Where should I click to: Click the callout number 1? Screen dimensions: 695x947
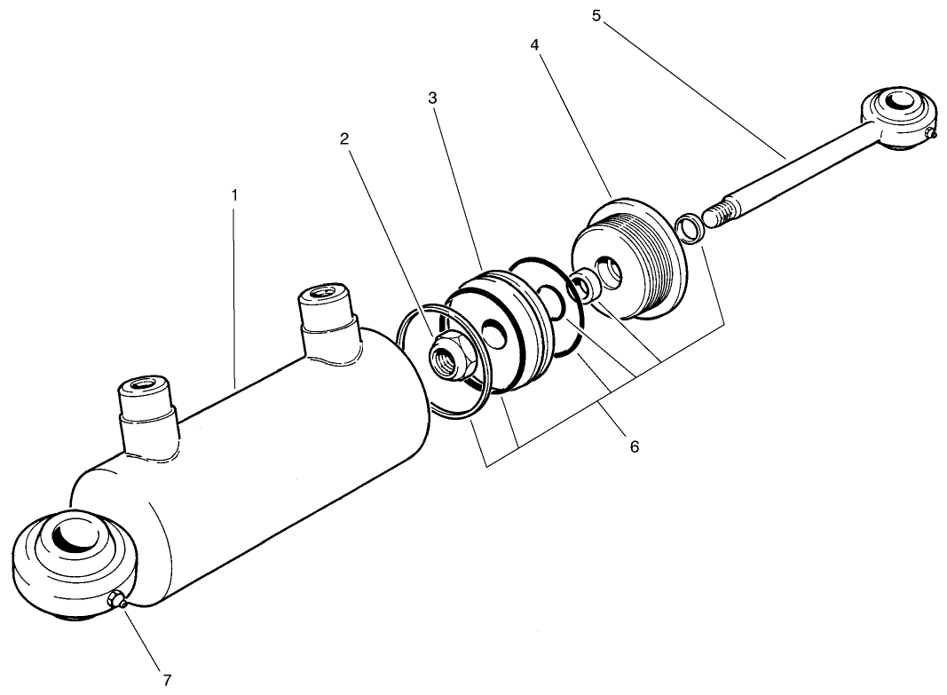[x=234, y=193]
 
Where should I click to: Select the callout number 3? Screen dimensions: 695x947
[x=432, y=99]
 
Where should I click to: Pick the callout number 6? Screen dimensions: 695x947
[x=634, y=446]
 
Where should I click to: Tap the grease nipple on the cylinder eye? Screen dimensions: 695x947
[x=117, y=603]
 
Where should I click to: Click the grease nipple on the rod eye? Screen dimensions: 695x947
[x=928, y=134]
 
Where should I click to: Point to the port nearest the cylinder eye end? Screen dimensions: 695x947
[x=142, y=389]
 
